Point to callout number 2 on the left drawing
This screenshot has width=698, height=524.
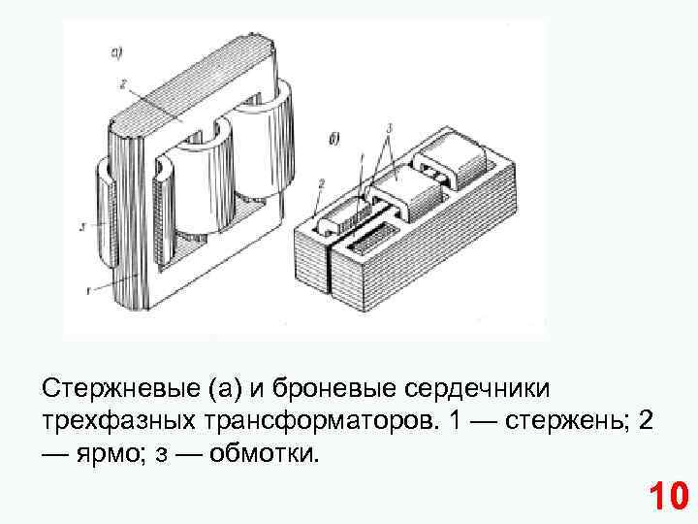coord(123,85)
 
